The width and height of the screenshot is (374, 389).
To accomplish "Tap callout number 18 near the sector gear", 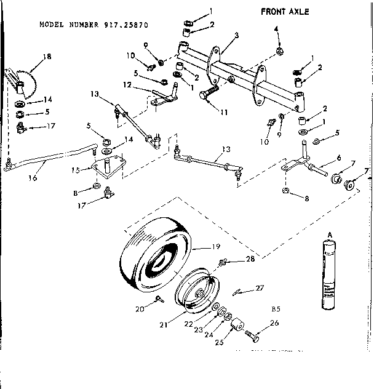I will coord(47,57).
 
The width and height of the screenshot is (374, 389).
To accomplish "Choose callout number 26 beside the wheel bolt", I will coord(274,323).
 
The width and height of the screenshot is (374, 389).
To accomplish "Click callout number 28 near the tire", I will coord(250,259).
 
